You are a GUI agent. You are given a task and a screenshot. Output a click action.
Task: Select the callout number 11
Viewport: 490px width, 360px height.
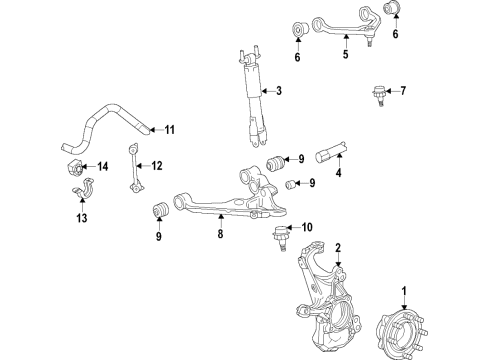click(x=169, y=129)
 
